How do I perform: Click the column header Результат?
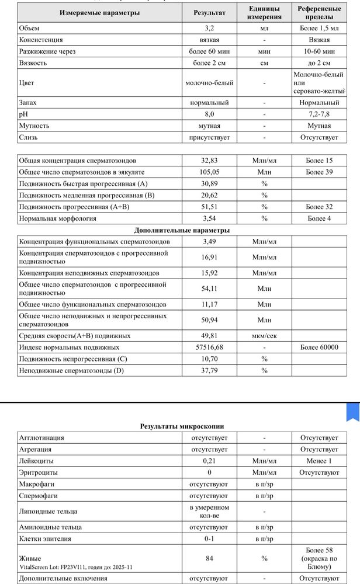click(209, 13)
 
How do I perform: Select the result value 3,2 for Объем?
click(209, 28)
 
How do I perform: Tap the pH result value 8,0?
click(209, 114)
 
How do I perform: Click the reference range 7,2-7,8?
click(319, 114)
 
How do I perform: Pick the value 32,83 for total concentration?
click(209, 161)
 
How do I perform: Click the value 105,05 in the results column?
click(209, 172)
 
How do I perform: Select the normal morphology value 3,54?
click(209, 218)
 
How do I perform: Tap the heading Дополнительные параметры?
click(182, 230)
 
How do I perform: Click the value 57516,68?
click(209, 347)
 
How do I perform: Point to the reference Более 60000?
click(319, 347)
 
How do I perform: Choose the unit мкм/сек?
click(264, 336)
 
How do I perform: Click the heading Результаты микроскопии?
click(182, 426)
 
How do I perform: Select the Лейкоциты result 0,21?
click(209, 461)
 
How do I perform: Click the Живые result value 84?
click(209, 558)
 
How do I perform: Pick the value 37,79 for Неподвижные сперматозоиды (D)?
click(209, 370)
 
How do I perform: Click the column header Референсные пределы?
click(319, 13)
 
